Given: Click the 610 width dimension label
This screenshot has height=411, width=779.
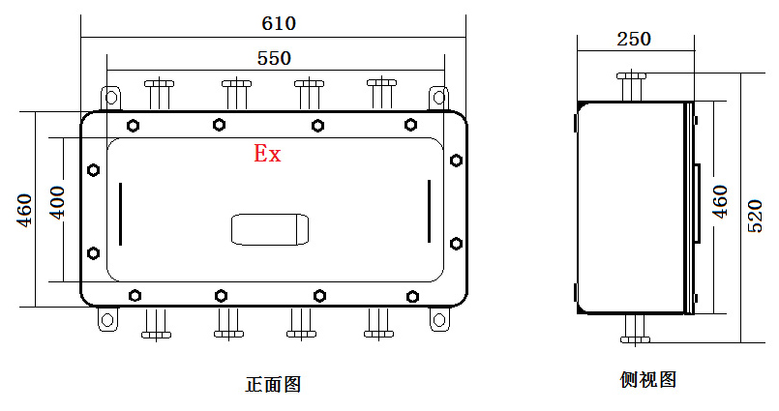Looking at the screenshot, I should [279, 21].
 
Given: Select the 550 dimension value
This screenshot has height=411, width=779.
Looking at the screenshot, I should [274, 58].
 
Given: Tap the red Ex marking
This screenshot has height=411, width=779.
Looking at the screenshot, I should [267, 153].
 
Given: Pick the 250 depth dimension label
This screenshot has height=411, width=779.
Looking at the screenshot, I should [634, 39].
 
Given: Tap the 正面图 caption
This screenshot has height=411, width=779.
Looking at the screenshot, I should [273, 384].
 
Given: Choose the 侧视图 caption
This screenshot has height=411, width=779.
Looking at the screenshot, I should [647, 379].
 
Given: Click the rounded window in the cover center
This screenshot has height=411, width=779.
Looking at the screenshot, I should [269, 229].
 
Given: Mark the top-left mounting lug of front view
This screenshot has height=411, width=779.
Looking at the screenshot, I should [111, 97].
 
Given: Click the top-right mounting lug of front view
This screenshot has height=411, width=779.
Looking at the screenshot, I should [438, 97].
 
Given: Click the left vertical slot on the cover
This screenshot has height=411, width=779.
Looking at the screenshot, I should [120, 213].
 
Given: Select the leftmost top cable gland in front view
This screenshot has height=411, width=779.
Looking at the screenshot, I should [159, 94].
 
